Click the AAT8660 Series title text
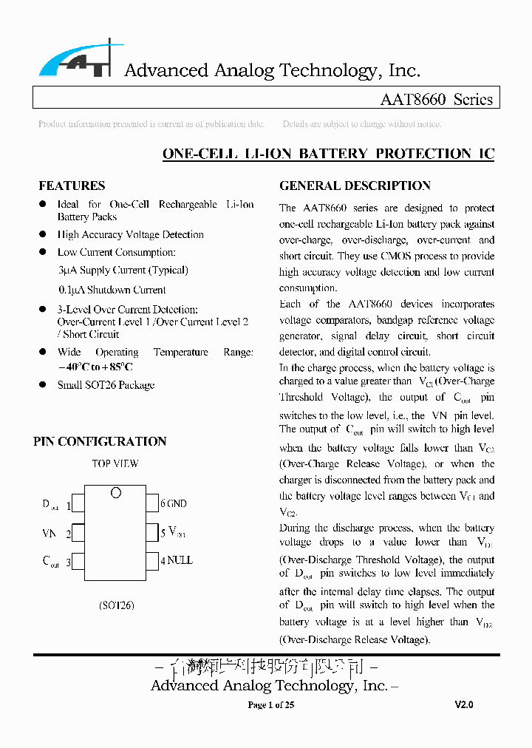pos(436,100)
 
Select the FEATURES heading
pos(72,186)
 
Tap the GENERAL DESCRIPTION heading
pos(355,186)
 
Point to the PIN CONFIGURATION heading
pos(100,441)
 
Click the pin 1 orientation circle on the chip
pos(115,493)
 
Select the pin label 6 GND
pos(174,504)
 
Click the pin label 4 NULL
pos(177,560)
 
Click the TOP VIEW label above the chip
pos(115,464)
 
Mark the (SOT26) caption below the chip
pos(116,605)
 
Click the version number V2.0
pos(464,705)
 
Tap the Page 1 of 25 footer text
pos(270,705)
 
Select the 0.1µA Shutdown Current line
pos(112,290)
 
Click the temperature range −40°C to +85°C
pos(95,367)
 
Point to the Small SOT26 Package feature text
pos(106,385)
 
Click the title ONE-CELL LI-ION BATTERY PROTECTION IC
pos(328,154)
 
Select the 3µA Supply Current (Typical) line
pos(123,271)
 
